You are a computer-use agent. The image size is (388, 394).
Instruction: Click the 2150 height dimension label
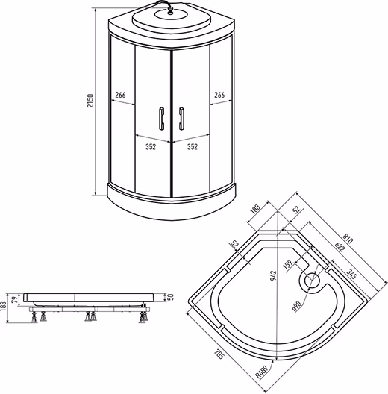click(x=90, y=101)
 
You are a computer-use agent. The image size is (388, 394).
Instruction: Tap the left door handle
click(x=161, y=119)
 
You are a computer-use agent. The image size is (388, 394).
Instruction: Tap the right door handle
click(x=181, y=119)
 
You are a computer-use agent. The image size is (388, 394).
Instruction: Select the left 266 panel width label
click(x=120, y=95)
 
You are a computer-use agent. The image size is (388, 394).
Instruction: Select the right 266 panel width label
click(x=219, y=95)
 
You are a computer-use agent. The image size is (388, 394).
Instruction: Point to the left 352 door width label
click(x=151, y=147)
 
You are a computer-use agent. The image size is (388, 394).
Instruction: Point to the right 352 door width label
click(x=193, y=147)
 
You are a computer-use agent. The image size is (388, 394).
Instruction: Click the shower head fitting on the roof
click(x=171, y=11)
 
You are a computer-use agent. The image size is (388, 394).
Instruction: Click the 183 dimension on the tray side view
click(x=3, y=307)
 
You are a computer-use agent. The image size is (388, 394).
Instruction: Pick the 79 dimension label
click(x=16, y=299)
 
